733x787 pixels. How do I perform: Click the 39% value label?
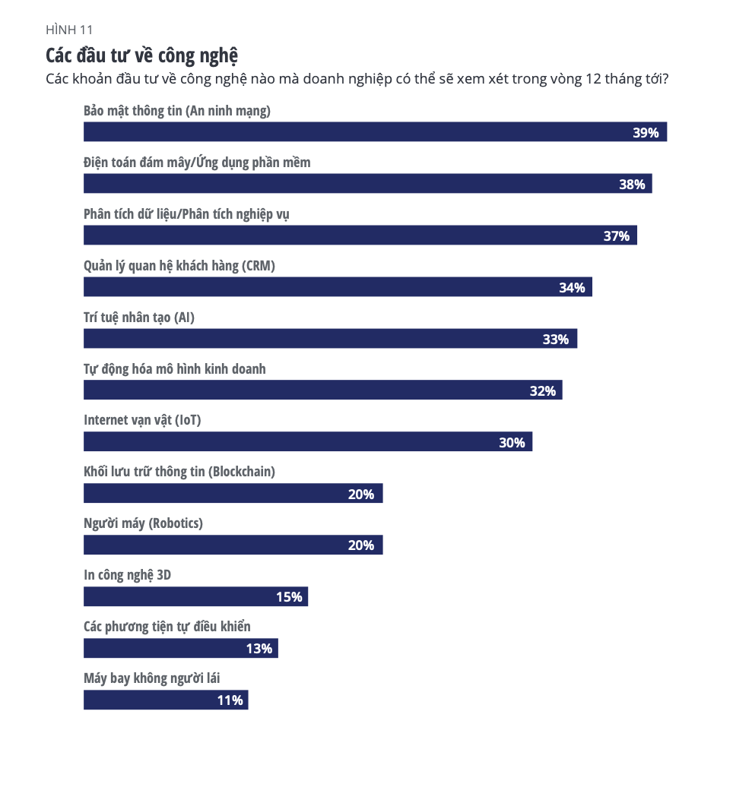point(646,133)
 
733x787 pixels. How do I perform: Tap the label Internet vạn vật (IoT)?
point(142,419)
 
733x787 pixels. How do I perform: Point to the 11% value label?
point(230,700)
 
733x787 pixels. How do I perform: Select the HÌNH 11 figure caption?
point(69,30)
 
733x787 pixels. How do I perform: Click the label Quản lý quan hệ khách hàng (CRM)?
point(179,266)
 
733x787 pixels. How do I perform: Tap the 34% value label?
point(572,288)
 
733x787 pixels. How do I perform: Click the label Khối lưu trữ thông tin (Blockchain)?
point(179,471)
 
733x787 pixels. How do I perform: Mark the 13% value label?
point(259,649)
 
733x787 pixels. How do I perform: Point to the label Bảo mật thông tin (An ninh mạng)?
point(177,111)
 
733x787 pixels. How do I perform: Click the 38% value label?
point(632,185)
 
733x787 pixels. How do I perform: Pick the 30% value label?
point(512,442)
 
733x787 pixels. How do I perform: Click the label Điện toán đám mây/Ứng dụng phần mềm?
point(197,163)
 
